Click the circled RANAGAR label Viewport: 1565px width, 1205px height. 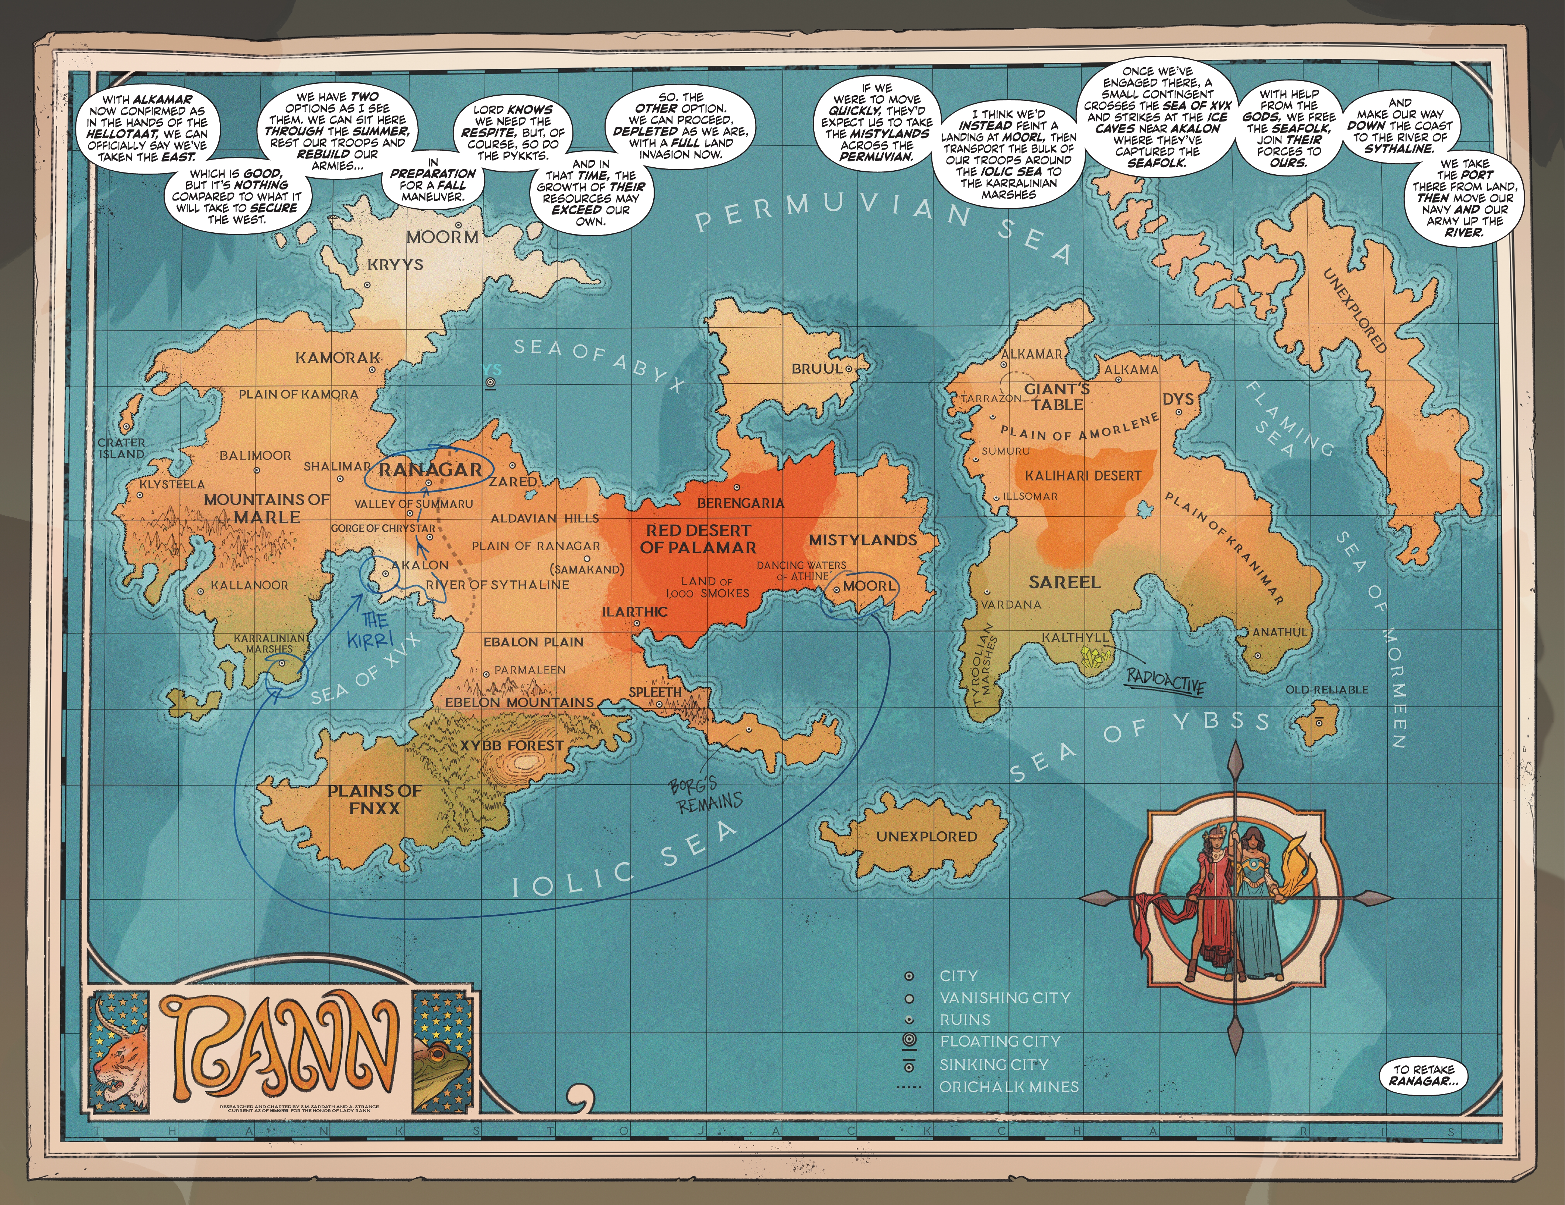(x=430, y=470)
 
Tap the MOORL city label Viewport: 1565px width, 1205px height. (x=869, y=586)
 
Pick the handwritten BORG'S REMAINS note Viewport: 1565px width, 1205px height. (x=706, y=795)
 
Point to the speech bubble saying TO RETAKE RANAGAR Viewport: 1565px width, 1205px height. (x=1422, y=1075)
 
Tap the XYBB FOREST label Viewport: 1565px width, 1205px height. (x=512, y=745)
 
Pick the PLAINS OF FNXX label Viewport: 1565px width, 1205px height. (x=374, y=799)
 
